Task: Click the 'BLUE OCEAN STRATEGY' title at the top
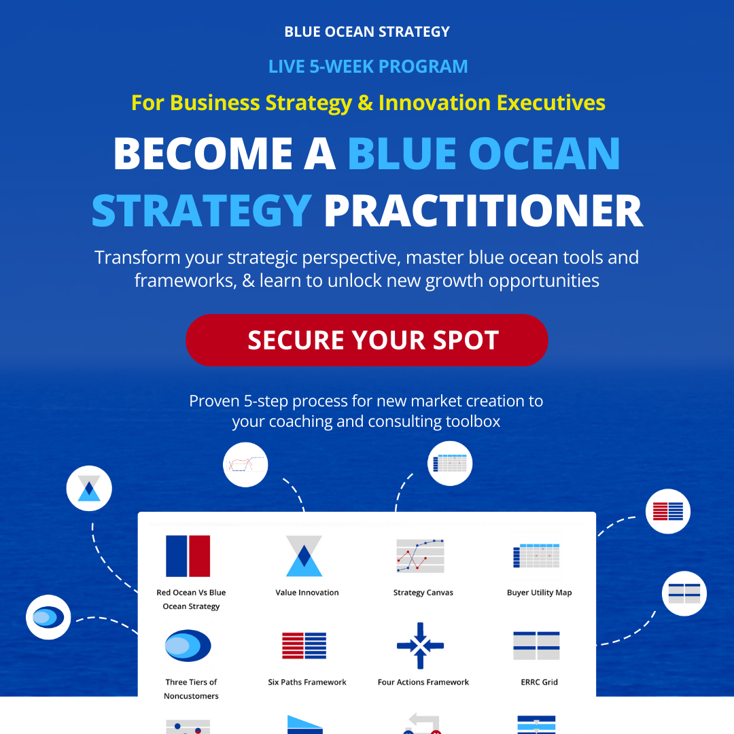click(x=367, y=32)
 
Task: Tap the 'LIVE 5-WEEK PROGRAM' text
click(x=368, y=67)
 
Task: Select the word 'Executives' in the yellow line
click(x=550, y=103)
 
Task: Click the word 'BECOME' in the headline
click(x=203, y=154)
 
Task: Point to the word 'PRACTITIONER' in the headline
click(x=484, y=211)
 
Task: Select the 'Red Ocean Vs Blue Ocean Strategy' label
click(x=191, y=599)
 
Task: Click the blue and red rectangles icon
click(x=188, y=556)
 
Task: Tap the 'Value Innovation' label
click(x=307, y=592)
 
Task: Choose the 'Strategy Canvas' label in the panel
click(x=423, y=593)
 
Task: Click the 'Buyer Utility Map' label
click(x=539, y=593)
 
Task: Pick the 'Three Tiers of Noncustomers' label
click(x=191, y=689)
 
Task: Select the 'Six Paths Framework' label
click(x=307, y=682)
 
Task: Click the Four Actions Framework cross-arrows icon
click(x=421, y=646)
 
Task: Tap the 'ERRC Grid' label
click(x=539, y=682)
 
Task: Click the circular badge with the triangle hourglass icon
click(x=89, y=488)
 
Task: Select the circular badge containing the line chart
click(x=245, y=465)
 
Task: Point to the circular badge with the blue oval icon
click(x=48, y=617)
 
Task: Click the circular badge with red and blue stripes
click(x=667, y=511)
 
